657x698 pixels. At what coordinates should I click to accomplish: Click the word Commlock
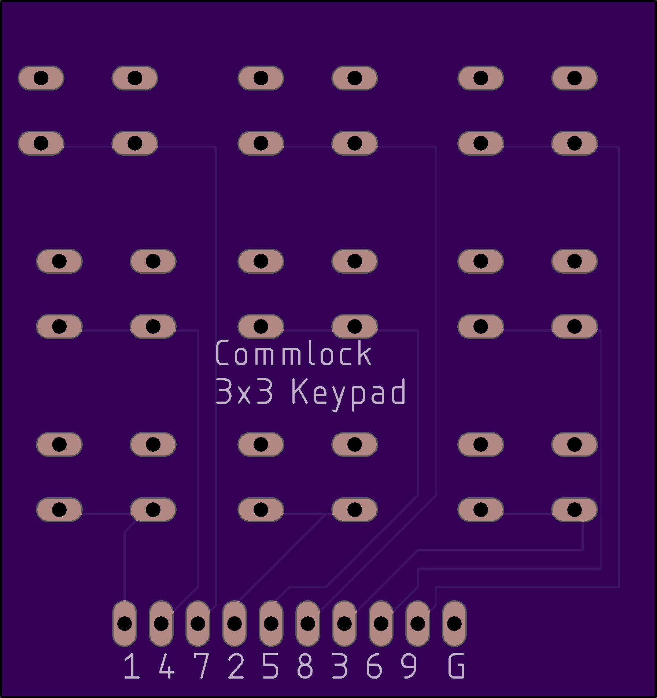(x=294, y=353)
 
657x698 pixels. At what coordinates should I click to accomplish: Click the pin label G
(x=456, y=666)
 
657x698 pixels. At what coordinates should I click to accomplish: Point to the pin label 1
(x=132, y=666)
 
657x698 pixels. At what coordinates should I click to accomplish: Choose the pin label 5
(x=270, y=666)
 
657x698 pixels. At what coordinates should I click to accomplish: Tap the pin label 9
(x=409, y=666)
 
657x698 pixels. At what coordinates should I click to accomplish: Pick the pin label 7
(x=201, y=666)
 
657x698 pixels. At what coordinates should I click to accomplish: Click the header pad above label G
(x=454, y=623)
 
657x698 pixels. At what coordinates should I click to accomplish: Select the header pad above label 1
(x=125, y=623)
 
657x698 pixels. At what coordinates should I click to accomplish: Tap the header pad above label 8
(x=308, y=623)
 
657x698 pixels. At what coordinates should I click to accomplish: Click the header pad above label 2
(x=235, y=623)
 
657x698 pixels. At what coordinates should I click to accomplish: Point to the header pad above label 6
(x=381, y=623)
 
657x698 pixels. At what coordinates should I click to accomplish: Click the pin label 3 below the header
(x=340, y=666)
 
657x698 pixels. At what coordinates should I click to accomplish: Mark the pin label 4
(x=166, y=666)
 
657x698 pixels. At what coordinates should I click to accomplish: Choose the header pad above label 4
(x=161, y=623)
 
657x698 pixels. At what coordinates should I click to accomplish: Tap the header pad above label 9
(x=418, y=623)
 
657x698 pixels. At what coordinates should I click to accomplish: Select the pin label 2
(x=236, y=666)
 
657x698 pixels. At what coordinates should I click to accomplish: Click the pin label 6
(x=374, y=666)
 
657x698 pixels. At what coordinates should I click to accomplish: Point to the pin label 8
(x=305, y=666)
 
